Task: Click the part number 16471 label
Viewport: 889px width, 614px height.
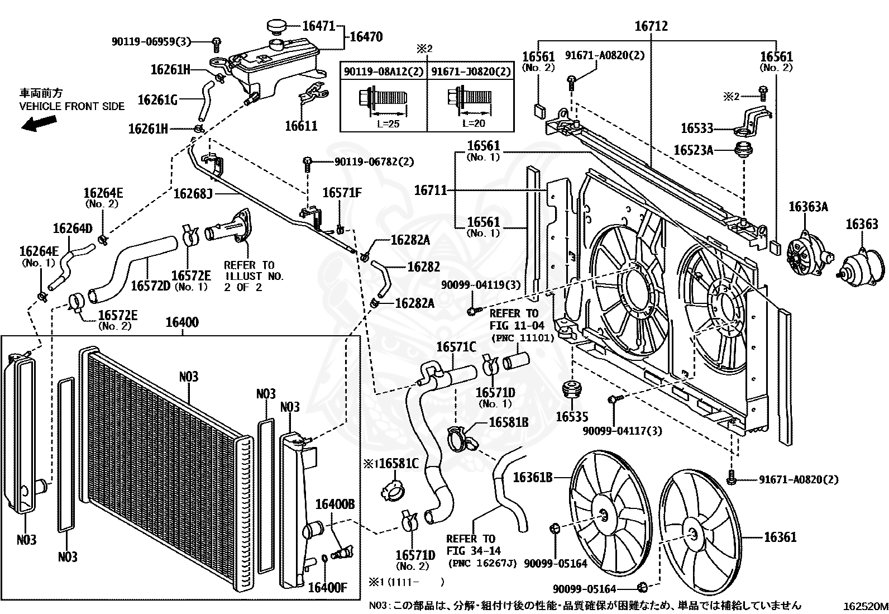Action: [x=319, y=26]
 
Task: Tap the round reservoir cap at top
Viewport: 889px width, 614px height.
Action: [x=276, y=27]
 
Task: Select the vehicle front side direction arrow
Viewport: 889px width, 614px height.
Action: [x=39, y=123]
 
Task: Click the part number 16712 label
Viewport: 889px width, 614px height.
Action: [x=651, y=26]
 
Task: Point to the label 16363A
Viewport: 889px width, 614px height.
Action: [x=808, y=207]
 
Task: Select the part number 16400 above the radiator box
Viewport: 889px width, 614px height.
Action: [x=182, y=322]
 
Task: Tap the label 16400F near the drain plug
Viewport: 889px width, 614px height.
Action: [x=328, y=587]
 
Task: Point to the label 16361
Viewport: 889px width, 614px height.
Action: [x=780, y=537]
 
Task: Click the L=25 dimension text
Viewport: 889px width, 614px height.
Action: [x=388, y=123]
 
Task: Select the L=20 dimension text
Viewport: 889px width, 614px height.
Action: [x=474, y=123]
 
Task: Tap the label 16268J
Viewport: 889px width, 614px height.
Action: [x=193, y=194]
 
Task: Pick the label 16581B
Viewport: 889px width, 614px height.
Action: [x=509, y=422]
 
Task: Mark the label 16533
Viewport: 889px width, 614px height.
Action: [x=697, y=128]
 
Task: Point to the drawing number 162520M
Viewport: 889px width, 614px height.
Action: [x=866, y=606]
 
